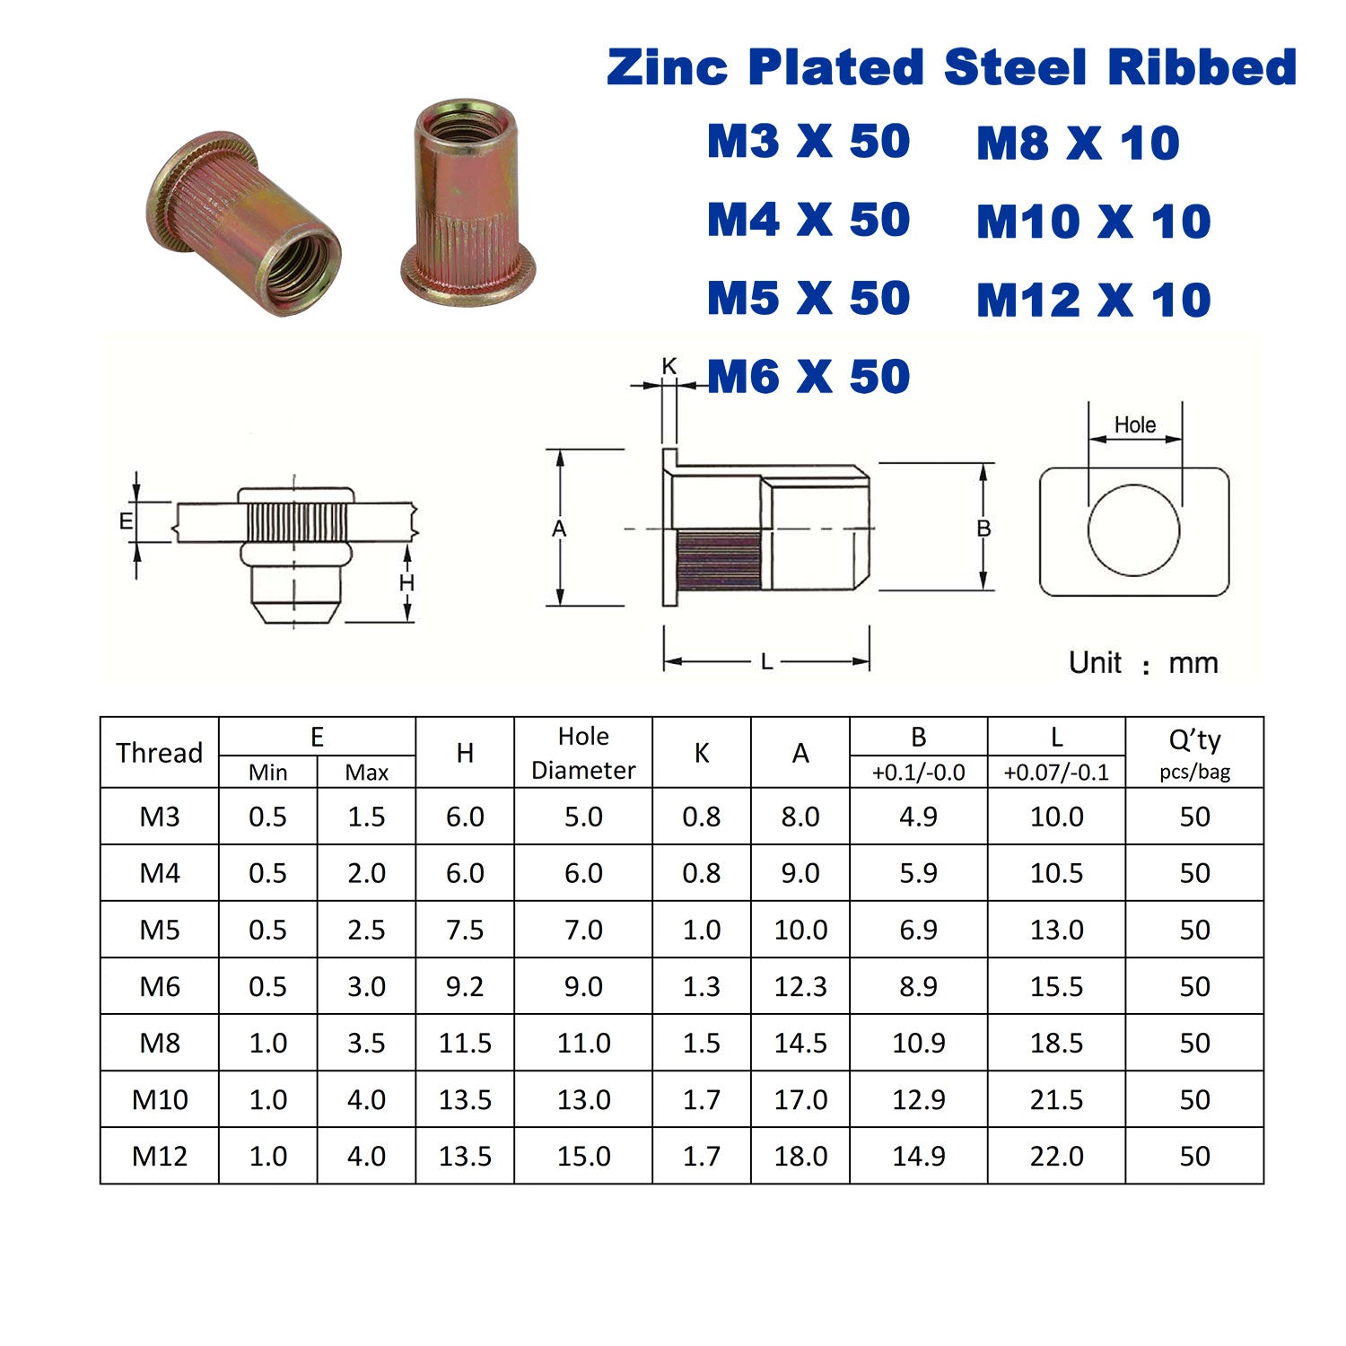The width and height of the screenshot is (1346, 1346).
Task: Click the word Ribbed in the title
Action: coord(1202,67)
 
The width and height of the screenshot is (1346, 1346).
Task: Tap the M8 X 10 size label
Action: coord(1078,144)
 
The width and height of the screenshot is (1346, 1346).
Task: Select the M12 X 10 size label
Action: coord(1094,300)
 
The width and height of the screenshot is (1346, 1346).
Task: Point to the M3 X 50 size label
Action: coord(808,142)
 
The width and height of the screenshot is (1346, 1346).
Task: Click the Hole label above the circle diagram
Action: coord(1135,424)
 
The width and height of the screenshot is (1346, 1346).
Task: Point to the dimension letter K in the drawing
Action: coord(669,366)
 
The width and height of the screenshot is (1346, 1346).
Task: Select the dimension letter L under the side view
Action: coord(766,662)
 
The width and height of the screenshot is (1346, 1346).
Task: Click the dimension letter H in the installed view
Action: coord(406,583)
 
